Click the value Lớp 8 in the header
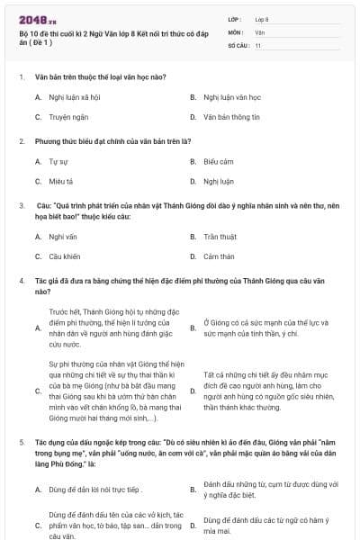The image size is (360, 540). [x=262, y=18]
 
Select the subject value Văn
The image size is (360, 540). [x=260, y=31]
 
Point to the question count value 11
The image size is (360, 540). [x=258, y=44]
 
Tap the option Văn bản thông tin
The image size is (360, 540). [x=232, y=117]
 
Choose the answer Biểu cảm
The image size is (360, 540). [x=219, y=162]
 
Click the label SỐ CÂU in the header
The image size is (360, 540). [x=238, y=44]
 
